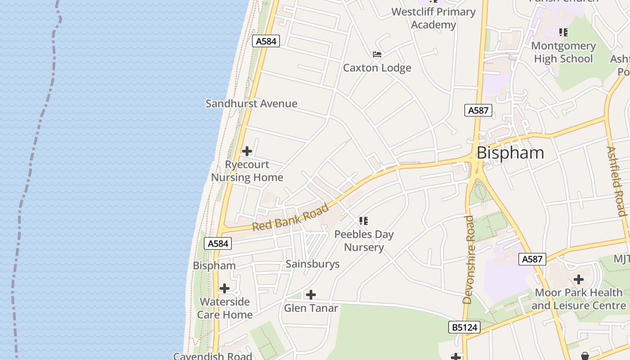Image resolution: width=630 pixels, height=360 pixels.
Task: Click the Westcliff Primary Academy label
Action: click(x=433, y=18)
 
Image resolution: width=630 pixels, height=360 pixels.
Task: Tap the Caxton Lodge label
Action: click(x=377, y=68)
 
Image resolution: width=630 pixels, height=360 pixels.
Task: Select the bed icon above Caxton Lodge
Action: click(x=377, y=54)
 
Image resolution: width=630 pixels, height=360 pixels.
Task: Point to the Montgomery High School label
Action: click(x=563, y=52)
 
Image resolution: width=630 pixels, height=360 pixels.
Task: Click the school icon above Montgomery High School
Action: click(x=563, y=32)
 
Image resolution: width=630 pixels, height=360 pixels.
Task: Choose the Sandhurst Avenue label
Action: click(x=252, y=103)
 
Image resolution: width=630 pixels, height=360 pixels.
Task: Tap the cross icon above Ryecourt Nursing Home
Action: click(x=247, y=151)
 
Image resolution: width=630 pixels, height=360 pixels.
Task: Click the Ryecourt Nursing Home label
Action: click(x=247, y=171)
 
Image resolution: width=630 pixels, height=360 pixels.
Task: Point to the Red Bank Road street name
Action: click(x=290, y=218)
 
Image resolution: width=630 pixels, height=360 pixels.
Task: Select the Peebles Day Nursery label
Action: click(x=364, y=241)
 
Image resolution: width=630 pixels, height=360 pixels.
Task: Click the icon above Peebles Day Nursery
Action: click(x=364, y=221)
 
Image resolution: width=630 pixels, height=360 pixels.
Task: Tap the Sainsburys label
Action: click(x=313, y=264)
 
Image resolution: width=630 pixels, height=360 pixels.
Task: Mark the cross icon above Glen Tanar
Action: click(x=310, y=295)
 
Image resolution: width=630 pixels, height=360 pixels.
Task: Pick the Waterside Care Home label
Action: click(x=225, y=308)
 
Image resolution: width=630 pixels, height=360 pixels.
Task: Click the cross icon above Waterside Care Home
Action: click(x=224, y=288)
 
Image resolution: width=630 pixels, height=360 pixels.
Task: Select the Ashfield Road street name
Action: click(x=616, y=181)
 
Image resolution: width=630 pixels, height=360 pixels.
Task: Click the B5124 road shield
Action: click(x=464, y=327)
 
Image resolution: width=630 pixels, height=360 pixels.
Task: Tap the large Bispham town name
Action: click(x=510, y=153)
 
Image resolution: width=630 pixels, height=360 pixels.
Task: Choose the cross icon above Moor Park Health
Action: click(x=579, y=279)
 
